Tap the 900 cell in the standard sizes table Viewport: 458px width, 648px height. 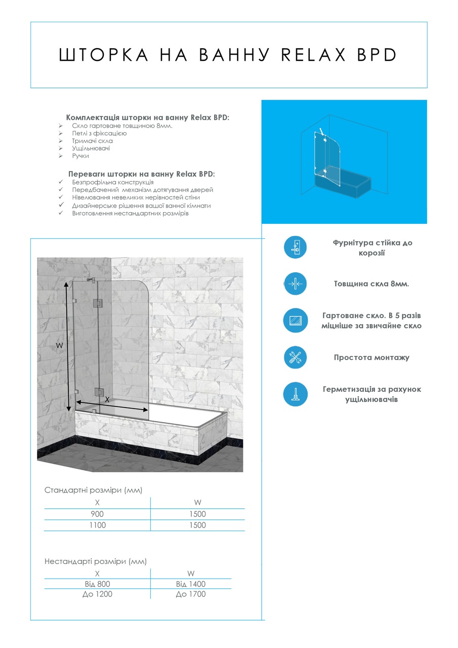[97, 514]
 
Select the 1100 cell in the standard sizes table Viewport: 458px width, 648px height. [97, 525]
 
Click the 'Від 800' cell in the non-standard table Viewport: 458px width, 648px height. [97, 584]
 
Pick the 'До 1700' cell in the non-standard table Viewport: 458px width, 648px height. [191, 594]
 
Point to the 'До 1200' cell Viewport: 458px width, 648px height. [97, 594]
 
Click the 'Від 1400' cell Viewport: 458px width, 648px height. [191, 584]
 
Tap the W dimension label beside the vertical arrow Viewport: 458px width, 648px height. [59, 345]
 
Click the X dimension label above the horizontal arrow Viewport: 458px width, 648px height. [106, 399]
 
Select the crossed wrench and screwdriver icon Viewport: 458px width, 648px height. [295, 357]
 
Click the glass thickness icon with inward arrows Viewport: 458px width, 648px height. [295, 284]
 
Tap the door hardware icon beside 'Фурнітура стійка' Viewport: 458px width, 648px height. [295, 247]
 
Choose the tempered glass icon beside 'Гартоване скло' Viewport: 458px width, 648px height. [295, 320]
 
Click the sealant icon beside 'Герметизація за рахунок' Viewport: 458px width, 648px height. [295, 394]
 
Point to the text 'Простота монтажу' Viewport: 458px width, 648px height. [371, 357]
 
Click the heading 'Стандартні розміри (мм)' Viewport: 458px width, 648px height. [94, 490]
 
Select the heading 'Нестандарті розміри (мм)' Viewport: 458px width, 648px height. [96, 561]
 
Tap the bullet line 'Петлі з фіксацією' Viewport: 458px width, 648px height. [99, 133]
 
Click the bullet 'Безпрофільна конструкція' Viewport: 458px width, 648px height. [112, 182]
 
